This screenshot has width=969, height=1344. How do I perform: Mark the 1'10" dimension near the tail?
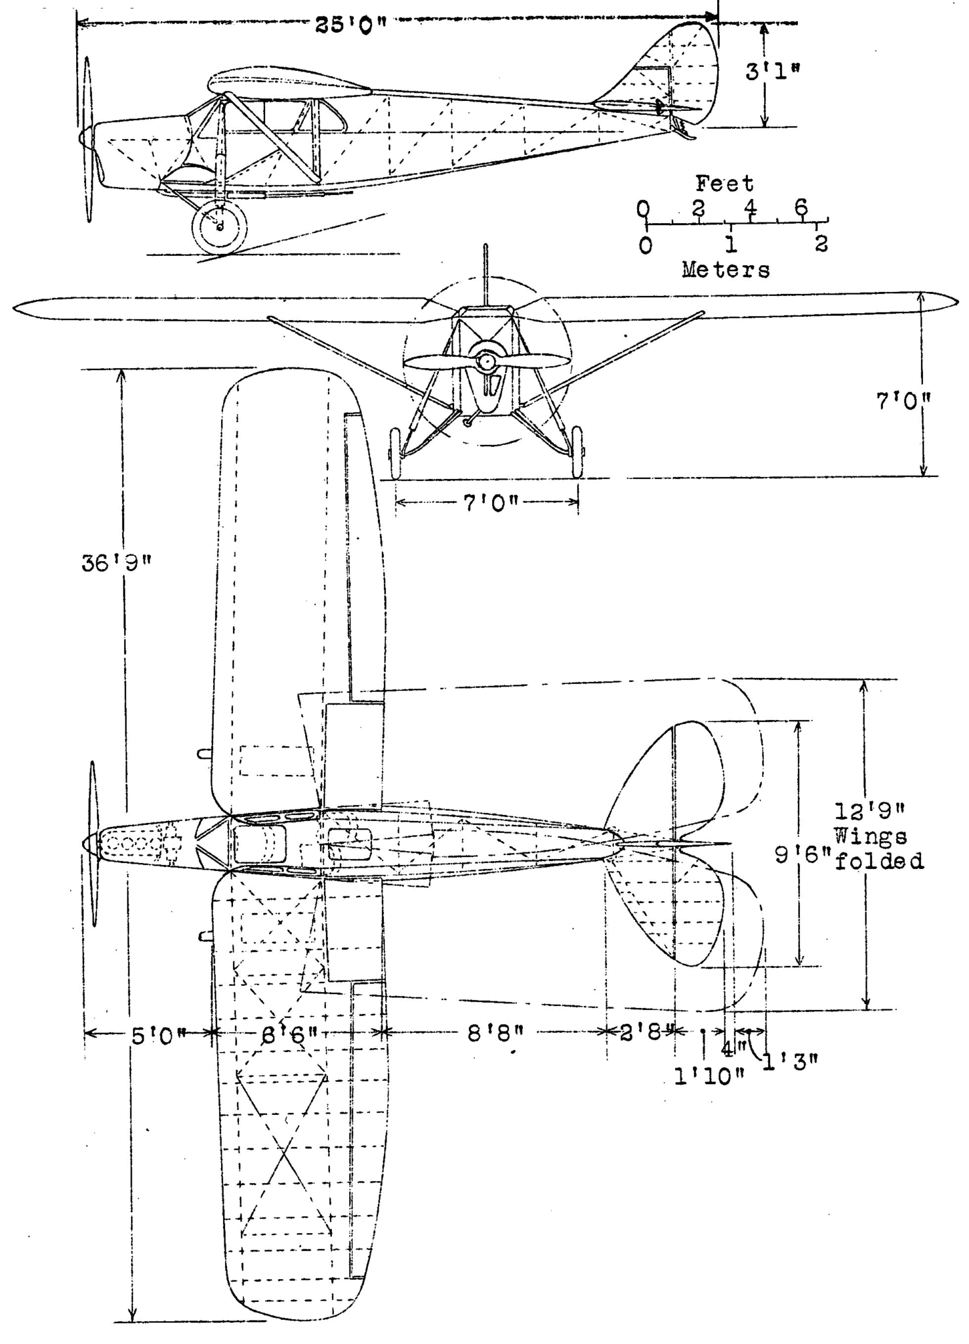(x=710, y=1076)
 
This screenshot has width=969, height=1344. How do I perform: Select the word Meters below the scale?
(x=726, y=270)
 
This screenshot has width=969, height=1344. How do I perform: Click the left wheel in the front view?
(x=395, y=453)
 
